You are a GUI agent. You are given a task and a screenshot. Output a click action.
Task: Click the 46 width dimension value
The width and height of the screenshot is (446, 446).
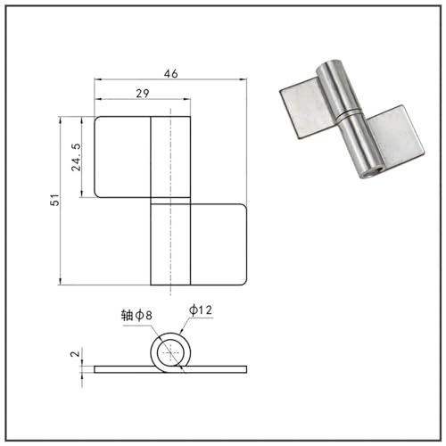171,73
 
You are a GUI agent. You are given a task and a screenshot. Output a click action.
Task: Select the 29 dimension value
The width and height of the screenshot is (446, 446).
143,94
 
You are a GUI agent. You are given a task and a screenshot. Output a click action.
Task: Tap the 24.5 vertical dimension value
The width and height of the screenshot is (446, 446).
76,157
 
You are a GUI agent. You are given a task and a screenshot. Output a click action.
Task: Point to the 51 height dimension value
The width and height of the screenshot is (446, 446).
55,200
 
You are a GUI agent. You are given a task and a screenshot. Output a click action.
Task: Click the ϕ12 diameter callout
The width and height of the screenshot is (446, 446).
201,310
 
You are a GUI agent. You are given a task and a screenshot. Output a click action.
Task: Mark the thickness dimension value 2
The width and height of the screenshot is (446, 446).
76,354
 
